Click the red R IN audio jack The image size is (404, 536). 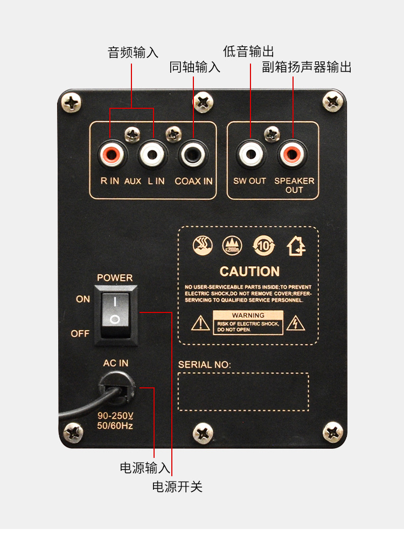click(x=112, y=155)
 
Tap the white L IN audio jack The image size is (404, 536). click(x=152, y=155)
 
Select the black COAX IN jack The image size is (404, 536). click(x=193, y=155)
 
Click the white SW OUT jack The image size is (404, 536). click(x=250, y=155)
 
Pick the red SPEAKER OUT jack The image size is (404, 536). click(x=293, y=155)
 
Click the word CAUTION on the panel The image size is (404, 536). click(x=249, y=272)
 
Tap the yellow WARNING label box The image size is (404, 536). click(x=248, y=322)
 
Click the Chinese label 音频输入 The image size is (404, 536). click(x=133, y=53)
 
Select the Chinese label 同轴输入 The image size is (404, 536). click(x=194, y=67)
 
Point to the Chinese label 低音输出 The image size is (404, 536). click(x=248, y=51)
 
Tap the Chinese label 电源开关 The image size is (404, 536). click(x=177, y=487)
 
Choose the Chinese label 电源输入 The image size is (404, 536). click(x=145, y=468)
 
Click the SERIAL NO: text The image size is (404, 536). click(x=204, y=365)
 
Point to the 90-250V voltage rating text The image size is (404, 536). click(x=115, y=416)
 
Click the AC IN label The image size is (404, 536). click(x=116, y=363)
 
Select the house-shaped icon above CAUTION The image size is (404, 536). click(x=296, y=246)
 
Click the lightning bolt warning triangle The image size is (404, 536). click(x=295, y=323)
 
